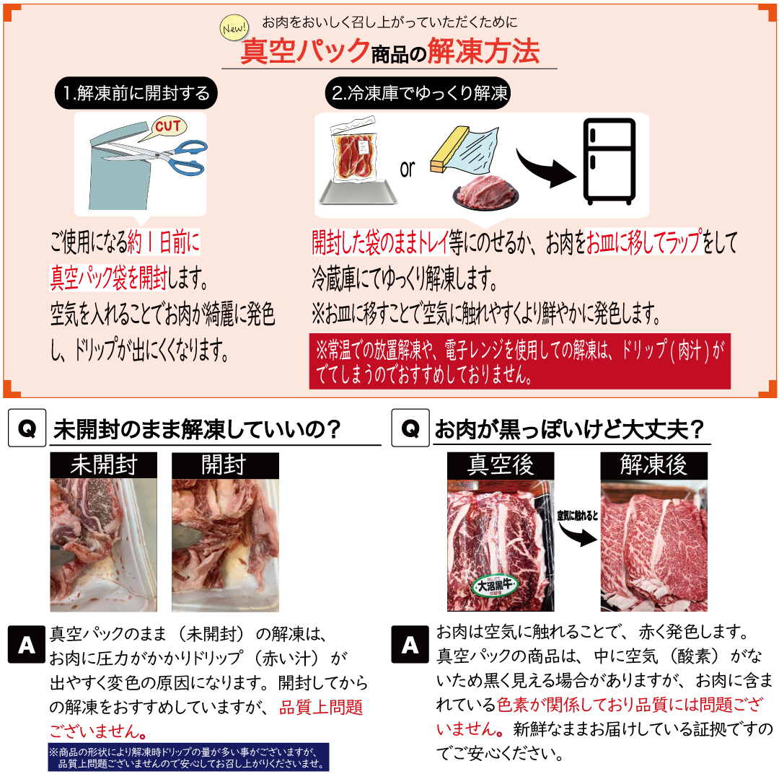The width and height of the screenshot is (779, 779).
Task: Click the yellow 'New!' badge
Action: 234,30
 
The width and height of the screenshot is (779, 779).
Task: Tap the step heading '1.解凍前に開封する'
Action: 136,93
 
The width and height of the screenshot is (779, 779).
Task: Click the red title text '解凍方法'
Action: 483,51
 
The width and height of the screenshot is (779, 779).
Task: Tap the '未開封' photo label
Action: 103,465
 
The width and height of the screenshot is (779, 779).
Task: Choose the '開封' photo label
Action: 224,465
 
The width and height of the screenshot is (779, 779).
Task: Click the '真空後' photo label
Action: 500,465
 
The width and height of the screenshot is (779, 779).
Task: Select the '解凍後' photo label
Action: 653,465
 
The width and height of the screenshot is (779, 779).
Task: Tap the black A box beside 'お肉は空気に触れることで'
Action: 410,644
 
